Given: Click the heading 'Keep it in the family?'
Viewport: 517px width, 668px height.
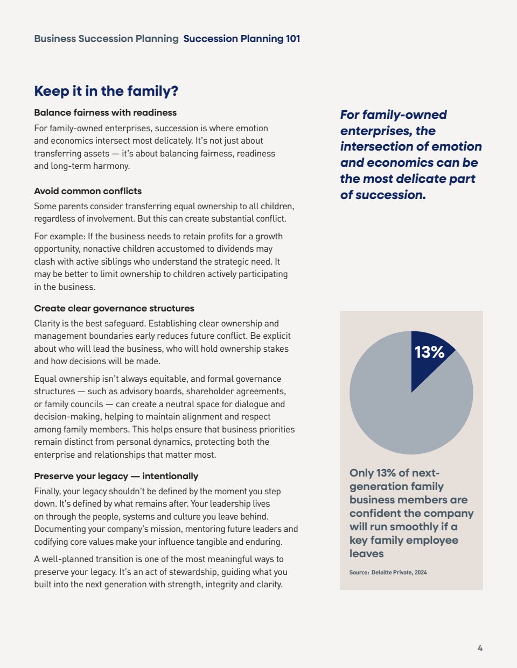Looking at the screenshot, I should click(106, 91).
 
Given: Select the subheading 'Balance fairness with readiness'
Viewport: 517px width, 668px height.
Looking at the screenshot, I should click(105, 112).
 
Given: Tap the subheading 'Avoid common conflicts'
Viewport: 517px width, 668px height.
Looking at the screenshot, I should click(88, 191).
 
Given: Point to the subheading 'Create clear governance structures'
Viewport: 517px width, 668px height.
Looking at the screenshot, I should click(114, 308).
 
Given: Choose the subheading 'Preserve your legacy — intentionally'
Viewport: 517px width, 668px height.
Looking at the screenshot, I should click(116, 476).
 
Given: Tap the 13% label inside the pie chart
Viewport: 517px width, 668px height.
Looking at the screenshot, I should click(429, 352).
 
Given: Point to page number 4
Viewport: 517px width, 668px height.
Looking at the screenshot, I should click(480, 648).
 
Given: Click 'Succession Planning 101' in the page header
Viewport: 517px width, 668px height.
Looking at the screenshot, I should click(242, 39).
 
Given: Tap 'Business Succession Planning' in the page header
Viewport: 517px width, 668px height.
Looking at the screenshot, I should click(106, 39).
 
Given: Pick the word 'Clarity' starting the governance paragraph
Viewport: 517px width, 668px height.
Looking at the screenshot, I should click(47, 323).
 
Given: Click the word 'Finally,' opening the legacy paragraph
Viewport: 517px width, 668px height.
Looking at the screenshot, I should click(47, 491).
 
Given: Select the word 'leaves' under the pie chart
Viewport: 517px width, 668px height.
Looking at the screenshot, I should click(367, 553).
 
